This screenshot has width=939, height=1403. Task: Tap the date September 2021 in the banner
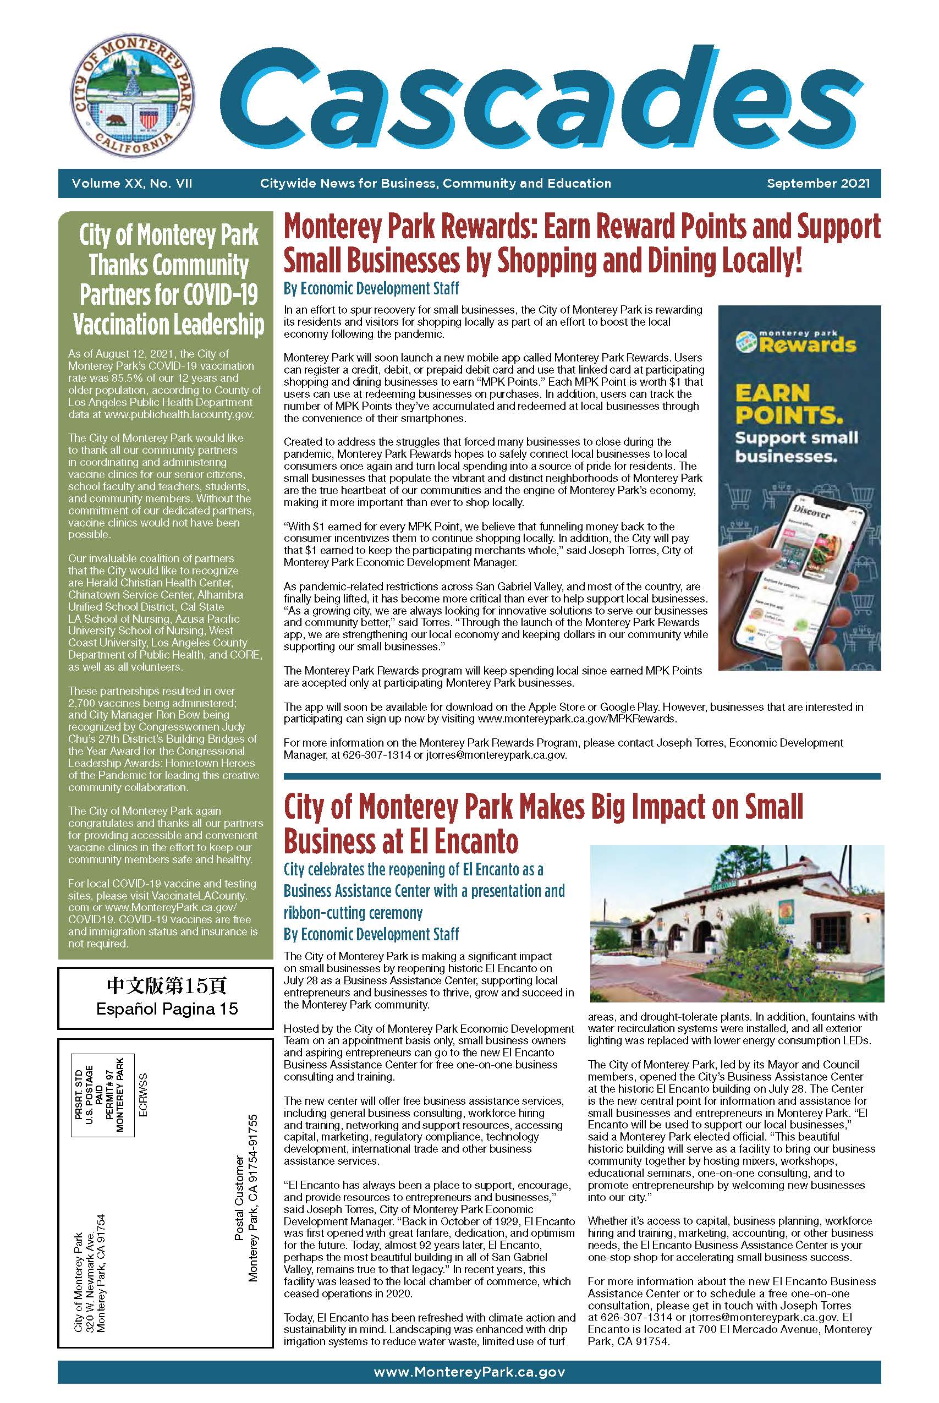point(818,184)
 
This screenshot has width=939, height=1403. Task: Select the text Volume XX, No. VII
point(132,184)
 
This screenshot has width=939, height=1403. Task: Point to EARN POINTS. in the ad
point(788,404)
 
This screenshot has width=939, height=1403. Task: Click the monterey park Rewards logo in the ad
point(797,341)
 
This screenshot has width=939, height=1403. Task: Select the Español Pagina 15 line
point(167,1009)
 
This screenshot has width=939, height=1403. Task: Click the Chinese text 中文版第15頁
point(167,985)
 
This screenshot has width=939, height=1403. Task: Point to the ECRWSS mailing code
point(142,1095)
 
